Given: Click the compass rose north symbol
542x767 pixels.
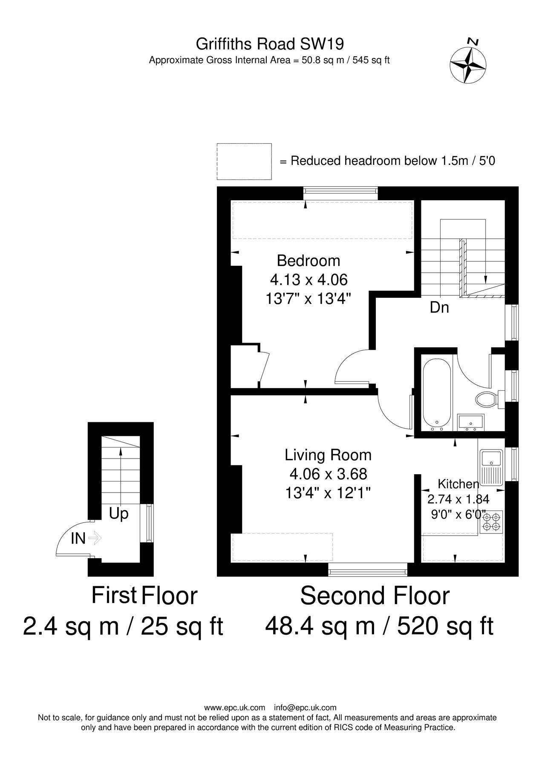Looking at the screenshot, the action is point(468,64).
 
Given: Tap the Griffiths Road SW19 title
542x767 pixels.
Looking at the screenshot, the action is point(270,44).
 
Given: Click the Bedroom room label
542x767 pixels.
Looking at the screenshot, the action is point(308,260).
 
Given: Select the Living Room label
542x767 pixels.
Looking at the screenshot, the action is point(328,455).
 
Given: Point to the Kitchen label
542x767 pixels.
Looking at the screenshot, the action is point(458,484).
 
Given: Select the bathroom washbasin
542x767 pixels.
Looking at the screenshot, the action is point(470,422).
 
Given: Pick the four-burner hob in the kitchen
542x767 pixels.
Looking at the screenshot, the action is point(492,522).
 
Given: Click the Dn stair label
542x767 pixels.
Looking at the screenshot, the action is point(439,307).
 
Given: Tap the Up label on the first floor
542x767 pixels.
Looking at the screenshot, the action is point(118,514).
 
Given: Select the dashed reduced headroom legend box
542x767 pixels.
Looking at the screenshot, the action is point(244,161).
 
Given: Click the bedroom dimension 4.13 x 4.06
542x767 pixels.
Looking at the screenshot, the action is point(309,280).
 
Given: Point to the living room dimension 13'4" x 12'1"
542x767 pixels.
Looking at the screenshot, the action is point(328,493).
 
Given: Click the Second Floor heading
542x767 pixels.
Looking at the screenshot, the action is point(375,596).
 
